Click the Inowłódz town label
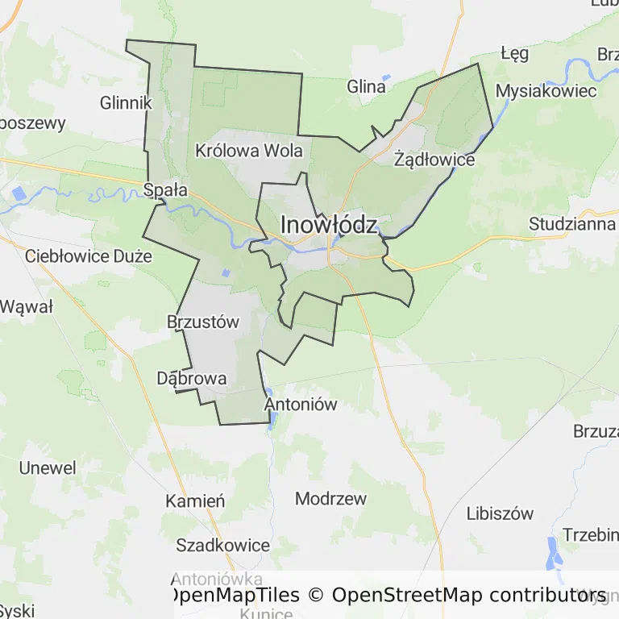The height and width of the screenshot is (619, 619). click(328, 226)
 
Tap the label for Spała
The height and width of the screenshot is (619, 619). click(165, 191)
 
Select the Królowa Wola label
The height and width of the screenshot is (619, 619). click(249, 151)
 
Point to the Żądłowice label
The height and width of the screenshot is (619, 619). click(434, 160)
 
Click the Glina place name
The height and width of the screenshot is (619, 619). click(366, 86)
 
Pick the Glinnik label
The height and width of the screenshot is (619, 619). click(127, 103)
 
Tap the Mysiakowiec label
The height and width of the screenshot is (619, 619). click(546, 90)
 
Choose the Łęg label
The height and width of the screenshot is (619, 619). click(514, 54)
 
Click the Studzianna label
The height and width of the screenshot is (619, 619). click(572, 224)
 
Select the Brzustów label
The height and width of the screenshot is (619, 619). click(203, 322)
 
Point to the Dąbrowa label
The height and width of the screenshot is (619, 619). click(192, 378)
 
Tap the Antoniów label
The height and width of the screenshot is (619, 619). click(301, 405)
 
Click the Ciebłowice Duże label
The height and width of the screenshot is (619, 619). click(89, 257)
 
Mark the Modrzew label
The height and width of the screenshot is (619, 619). click(330, 499)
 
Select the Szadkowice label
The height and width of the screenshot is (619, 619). click(223, 546)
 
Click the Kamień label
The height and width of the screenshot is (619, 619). click(195, 501)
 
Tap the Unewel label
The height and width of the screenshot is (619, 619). click(48, 468)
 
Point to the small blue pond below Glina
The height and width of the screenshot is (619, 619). click(386, 78)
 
